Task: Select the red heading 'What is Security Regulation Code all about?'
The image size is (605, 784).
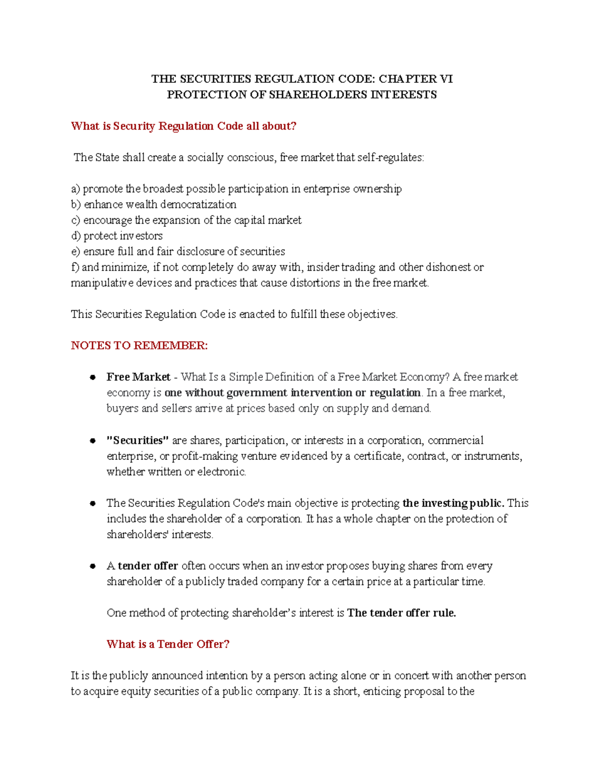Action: coord(184,126)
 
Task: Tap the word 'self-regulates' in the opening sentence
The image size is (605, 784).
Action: coord(390,158)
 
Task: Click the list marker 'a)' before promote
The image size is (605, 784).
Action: coord(76,189)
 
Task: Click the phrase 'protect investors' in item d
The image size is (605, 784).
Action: coord(123,236)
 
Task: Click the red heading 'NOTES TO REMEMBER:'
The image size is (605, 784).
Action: coord(139,346)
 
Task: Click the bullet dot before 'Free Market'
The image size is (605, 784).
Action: coord(93,377)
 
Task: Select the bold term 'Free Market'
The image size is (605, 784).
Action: coord(138,377)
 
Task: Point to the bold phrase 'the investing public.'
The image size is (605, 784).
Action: coord(453,503)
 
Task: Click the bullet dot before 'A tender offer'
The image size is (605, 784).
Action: coord(93,566)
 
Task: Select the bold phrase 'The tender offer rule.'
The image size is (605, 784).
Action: coord(401,613)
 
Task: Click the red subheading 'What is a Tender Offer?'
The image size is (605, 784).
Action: coord(168,645)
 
